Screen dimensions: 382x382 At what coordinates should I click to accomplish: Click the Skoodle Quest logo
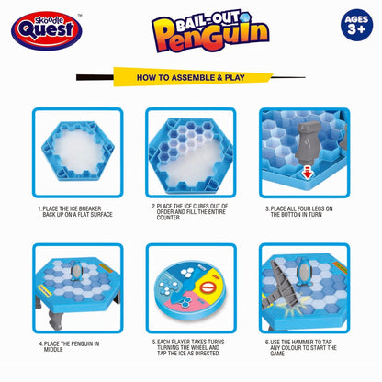click(x=47, y=30)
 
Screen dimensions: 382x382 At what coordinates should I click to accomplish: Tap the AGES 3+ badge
click(x=356, y=25)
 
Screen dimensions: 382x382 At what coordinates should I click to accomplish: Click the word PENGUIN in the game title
click(x=211, y=36)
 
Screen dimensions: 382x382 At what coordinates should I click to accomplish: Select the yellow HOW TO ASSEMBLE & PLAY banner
click(x=192, y=77)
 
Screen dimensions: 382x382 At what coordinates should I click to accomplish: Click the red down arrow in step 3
click(x=307, y=174)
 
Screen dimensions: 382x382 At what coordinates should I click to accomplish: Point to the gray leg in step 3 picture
click(x=308, y=141)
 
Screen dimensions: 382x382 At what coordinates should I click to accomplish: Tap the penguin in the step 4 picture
click(x=76, y=271)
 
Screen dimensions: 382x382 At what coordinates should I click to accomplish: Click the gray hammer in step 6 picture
click(x=281, y=285)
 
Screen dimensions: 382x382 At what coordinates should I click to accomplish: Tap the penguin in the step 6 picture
click(x=303, y=272)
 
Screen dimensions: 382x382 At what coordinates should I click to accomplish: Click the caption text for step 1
click(x=75, y=211)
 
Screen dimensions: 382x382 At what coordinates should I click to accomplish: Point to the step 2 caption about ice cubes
click(x=190, y=211)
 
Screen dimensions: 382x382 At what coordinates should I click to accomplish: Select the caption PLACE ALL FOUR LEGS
click(x=298, y=211)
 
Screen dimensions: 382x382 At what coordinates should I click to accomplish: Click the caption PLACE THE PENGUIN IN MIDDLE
click(x=69, y=346)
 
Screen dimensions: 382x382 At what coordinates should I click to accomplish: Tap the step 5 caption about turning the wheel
click(x=188, y=347)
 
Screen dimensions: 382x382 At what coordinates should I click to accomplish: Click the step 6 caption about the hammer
click(x=301, y=347)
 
